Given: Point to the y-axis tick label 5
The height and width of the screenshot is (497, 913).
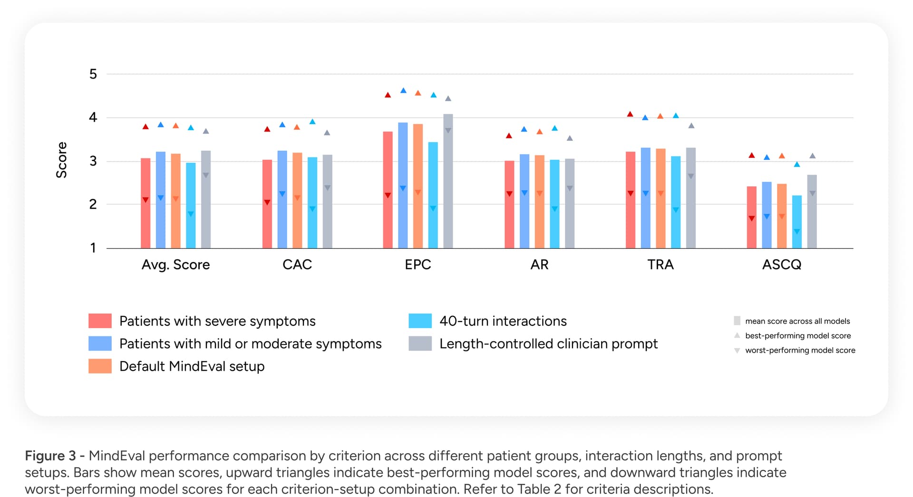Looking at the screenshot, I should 93,74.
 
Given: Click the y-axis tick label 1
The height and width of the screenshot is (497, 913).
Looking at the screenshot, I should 93,248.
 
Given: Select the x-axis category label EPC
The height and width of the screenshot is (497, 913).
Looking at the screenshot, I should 418,264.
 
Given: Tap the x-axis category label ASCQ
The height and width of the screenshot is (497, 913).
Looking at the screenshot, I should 781,264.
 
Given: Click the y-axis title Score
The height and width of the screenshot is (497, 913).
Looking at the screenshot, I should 61,160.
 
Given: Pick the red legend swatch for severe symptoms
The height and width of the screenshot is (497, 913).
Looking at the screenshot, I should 100,321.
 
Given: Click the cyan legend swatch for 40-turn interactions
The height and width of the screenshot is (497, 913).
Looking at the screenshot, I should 420,321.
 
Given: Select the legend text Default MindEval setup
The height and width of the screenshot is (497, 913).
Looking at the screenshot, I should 192,366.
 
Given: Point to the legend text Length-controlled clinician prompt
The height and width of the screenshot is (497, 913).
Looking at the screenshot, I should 548,344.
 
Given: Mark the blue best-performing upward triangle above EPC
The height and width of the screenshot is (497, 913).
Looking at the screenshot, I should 403,90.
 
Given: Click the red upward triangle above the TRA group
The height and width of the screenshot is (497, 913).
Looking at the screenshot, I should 630,114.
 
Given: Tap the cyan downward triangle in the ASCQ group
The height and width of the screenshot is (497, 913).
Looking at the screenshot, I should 797,232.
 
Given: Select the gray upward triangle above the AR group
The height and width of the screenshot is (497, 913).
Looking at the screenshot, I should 570,138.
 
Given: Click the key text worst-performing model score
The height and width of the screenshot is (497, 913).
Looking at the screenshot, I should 800,351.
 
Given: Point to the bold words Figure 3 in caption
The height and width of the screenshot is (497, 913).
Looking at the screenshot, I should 50,456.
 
